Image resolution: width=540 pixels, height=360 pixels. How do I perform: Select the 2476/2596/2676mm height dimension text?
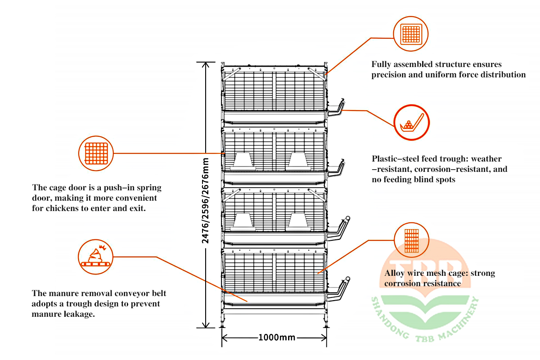point(206,201)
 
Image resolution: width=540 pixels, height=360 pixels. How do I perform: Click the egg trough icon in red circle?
point(411,122)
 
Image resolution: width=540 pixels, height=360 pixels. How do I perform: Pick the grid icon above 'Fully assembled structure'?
point(411,34)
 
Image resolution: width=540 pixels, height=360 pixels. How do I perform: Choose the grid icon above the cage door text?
point(95,153)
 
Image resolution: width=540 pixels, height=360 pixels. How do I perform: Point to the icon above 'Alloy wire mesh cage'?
point(411,240)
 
